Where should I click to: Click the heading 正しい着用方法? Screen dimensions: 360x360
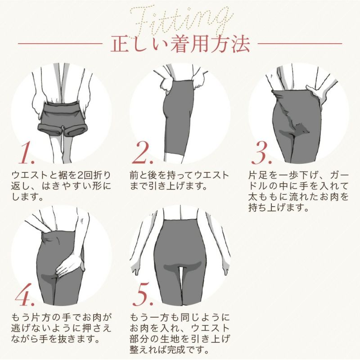pos(180,45)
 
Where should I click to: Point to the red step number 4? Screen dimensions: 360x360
pos(26,295)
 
